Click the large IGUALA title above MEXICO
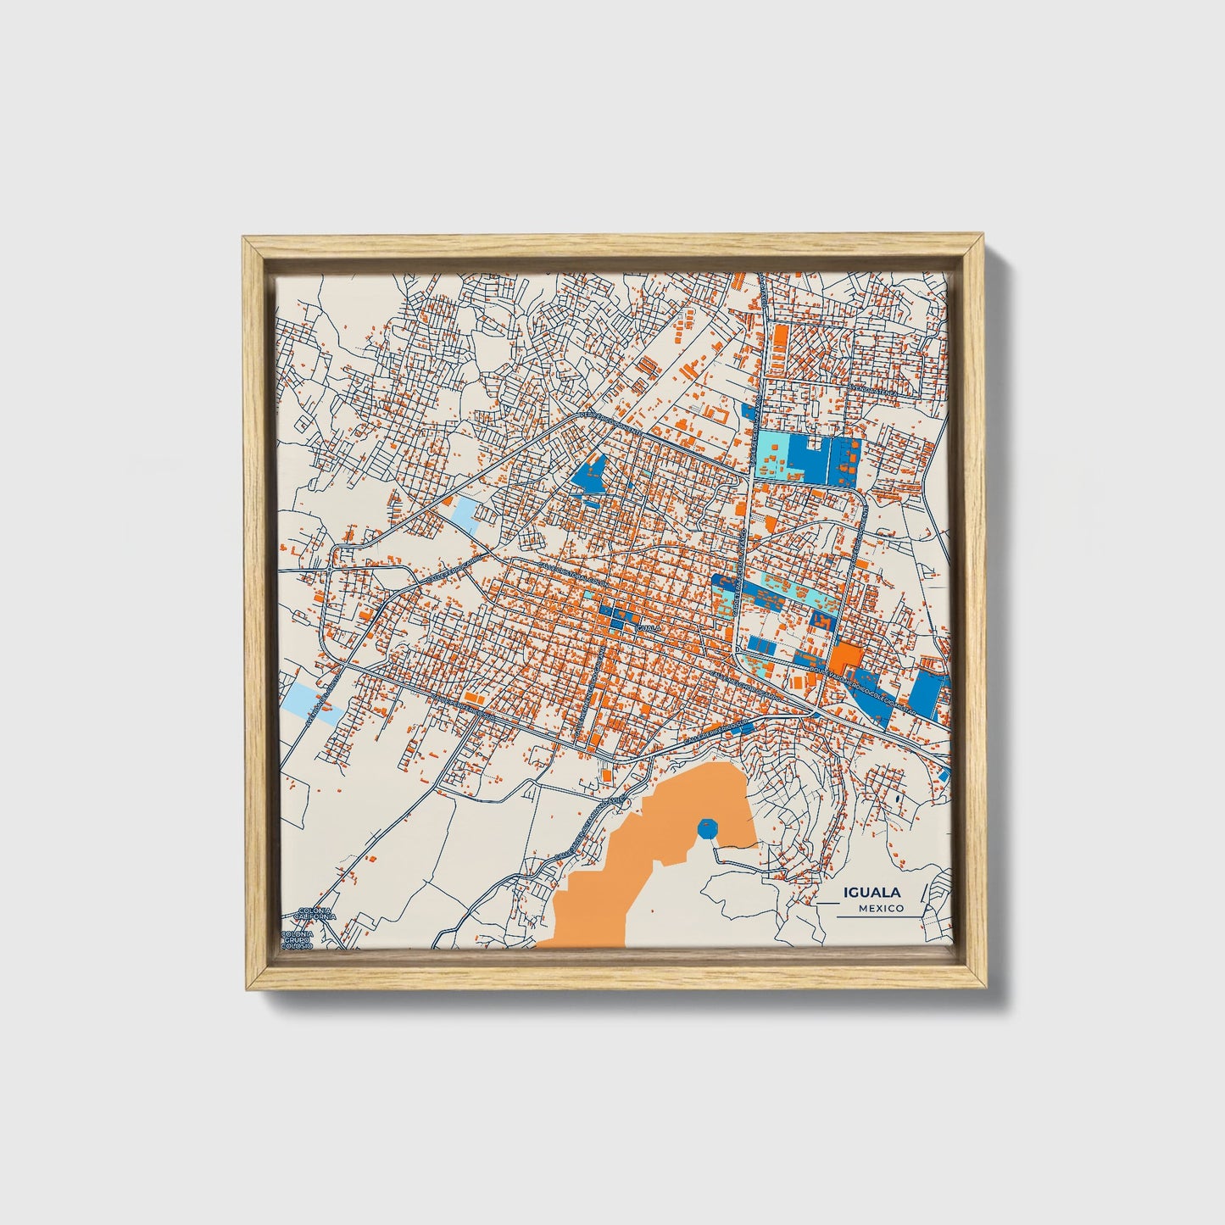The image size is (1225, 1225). (x=871, y=893)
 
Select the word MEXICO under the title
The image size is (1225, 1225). (x=880, y=909)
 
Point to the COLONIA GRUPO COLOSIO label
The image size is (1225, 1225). (x=297, y=938)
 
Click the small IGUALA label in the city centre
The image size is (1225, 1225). (x=648, y=628)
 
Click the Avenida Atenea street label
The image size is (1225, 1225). (x=876, y=391)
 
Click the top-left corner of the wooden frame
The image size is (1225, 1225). (x=245, y=240)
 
